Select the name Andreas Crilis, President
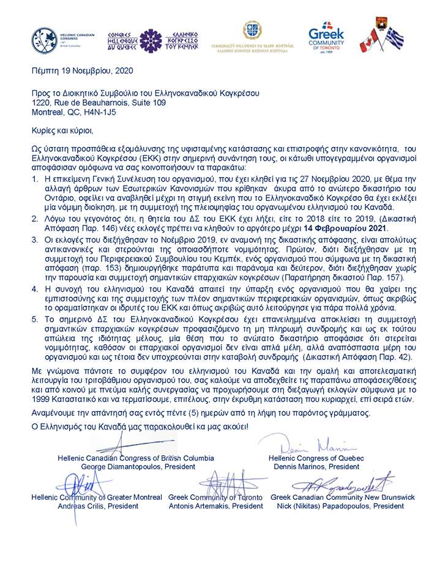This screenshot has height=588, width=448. click(87, 507)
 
